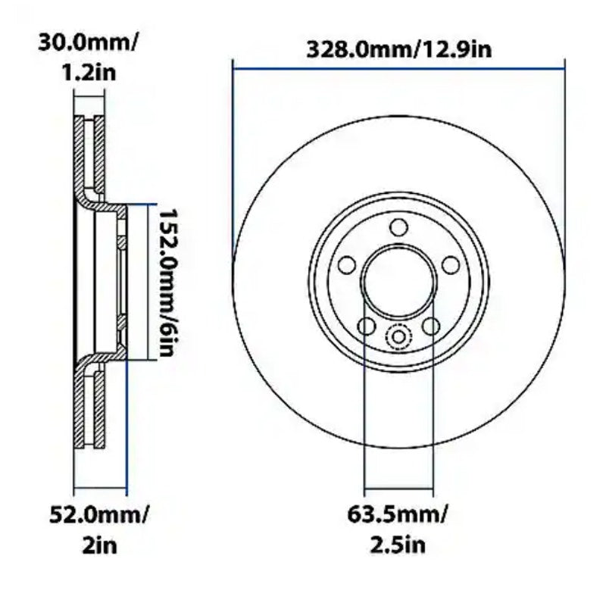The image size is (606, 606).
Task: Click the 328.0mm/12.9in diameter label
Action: [399, 50]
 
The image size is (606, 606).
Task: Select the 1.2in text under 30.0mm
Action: [89, 73]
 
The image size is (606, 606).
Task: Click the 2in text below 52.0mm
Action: [99, 545]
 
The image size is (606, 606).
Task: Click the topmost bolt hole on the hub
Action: [398, 227]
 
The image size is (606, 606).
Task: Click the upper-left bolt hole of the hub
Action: [347, 265]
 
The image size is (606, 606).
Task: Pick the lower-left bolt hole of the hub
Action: [366, 326]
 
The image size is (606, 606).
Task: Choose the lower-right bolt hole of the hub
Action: [431, 326]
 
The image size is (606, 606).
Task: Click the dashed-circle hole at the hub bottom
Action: [398, 337]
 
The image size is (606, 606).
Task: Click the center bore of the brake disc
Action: [398, 281]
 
